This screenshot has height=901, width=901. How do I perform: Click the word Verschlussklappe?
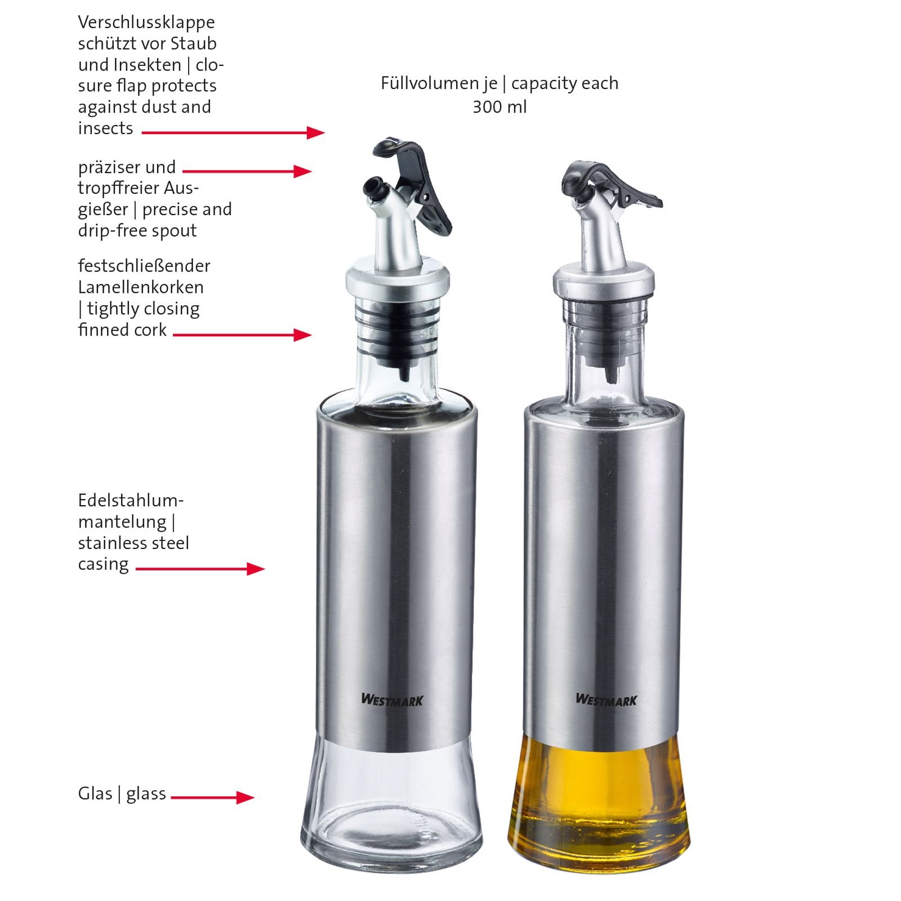pyautogui.click(x=146, y=23)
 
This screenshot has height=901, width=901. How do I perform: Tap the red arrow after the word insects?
pyautogui.click(x=233, y=132)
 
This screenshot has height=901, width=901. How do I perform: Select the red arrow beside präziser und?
pyautogui.click(x=247, y=171)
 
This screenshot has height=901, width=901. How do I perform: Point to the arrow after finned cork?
pyautogui.click(x=242, y=334)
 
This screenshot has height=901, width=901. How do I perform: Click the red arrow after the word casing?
pyautogui.click(x=200, y=569)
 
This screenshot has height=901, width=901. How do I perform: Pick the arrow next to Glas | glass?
pyautogui.click(x=212, y=797)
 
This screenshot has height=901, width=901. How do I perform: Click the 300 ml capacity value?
pyautogui.click(x=499, y=106)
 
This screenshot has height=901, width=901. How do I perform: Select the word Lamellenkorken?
pyautogui.click(x=141, y=287)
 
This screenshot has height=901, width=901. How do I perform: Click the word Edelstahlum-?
pyautogui.click(x=131, y=500)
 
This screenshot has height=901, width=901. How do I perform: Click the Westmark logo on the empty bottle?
pyautogui.click(x=392, y=700)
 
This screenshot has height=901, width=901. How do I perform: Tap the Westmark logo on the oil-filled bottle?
pyautogui.click(x=606, y=700)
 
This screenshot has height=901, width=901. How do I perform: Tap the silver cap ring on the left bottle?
pyautogui.click(x=398, y=280)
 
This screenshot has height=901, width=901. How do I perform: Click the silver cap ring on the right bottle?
pyautogui.click(x=604, y=280)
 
